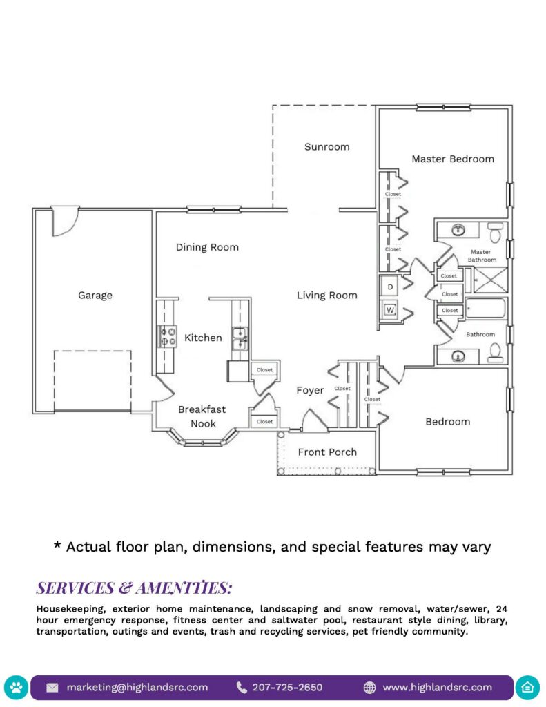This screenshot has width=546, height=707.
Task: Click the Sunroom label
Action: point(326,146)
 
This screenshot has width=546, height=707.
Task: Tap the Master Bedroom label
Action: point(453,159)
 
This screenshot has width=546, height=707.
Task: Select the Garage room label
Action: point(95,296)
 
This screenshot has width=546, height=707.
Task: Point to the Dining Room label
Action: point(207,247)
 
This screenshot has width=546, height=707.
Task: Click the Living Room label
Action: point(327,296)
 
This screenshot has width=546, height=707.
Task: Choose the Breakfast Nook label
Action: point(202,416)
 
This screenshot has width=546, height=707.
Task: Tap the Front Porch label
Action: point(327,452)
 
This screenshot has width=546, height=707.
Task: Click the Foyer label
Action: point(310,391)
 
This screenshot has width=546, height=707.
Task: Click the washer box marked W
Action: point(390,309)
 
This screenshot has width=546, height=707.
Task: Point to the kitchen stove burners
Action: point(166,336)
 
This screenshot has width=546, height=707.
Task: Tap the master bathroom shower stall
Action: point(489,280)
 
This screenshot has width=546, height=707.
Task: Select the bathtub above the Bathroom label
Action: point(486,308)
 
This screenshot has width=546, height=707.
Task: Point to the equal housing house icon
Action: point(529,688)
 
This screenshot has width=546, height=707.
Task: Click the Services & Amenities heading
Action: point(134,588)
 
